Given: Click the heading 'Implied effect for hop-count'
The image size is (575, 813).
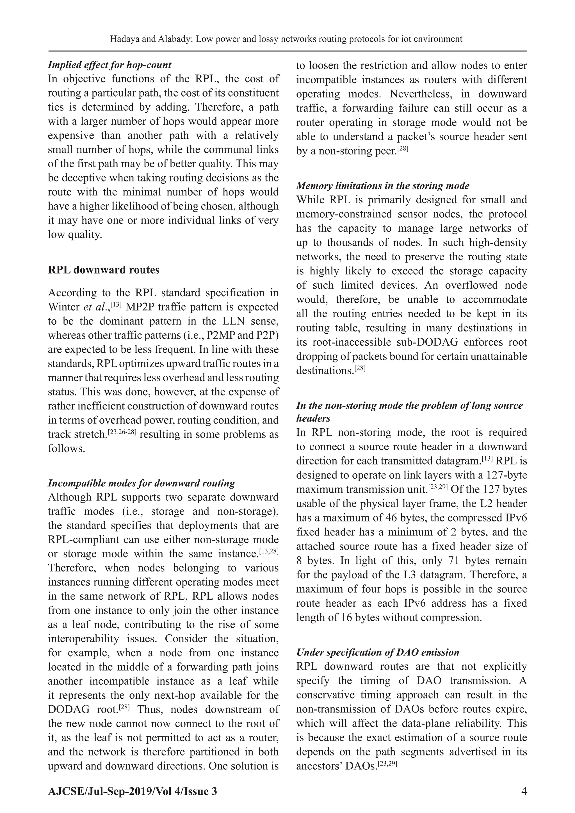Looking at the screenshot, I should (109, 65).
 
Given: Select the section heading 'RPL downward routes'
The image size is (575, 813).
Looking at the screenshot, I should (104, 270).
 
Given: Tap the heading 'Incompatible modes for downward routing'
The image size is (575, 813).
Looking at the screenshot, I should (141, 483).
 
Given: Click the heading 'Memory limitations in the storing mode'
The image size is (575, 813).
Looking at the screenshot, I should (383, 186).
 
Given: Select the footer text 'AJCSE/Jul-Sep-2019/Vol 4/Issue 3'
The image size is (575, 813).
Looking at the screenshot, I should (133, 792).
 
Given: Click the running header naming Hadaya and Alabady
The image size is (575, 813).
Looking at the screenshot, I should (286, 39).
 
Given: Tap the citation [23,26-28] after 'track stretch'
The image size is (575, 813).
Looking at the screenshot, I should (122, 432).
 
